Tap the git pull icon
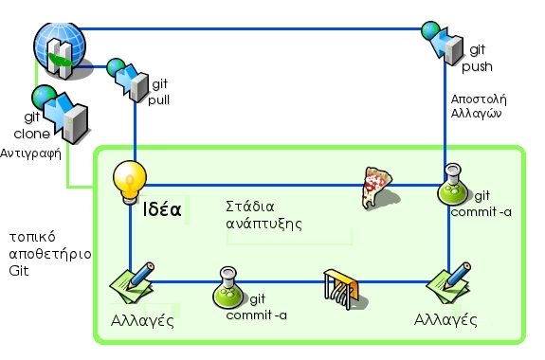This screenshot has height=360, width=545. (130, 80)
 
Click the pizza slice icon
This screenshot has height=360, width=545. (376, 186)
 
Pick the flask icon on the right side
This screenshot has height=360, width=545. (453, 189)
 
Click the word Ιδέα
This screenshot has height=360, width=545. (161, 207)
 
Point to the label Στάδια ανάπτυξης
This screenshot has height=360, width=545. (263, 215)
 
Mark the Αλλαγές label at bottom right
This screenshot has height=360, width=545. (445, 319)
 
